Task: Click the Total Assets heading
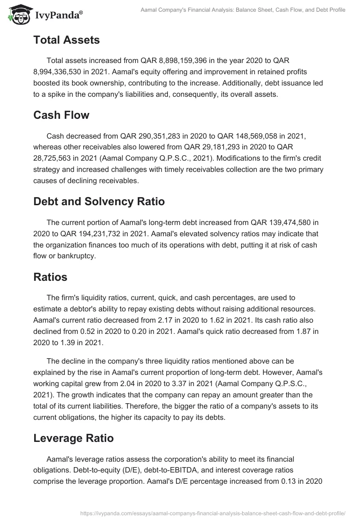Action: click(x=66, y=40)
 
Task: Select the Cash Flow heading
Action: click(x=61, y=115)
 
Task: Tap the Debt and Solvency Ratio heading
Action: click(x=99, y=202)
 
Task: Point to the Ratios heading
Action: click(x=50, y=277)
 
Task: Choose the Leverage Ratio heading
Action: click(x=73, y=438)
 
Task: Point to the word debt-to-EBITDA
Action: click(x=169, y=470)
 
